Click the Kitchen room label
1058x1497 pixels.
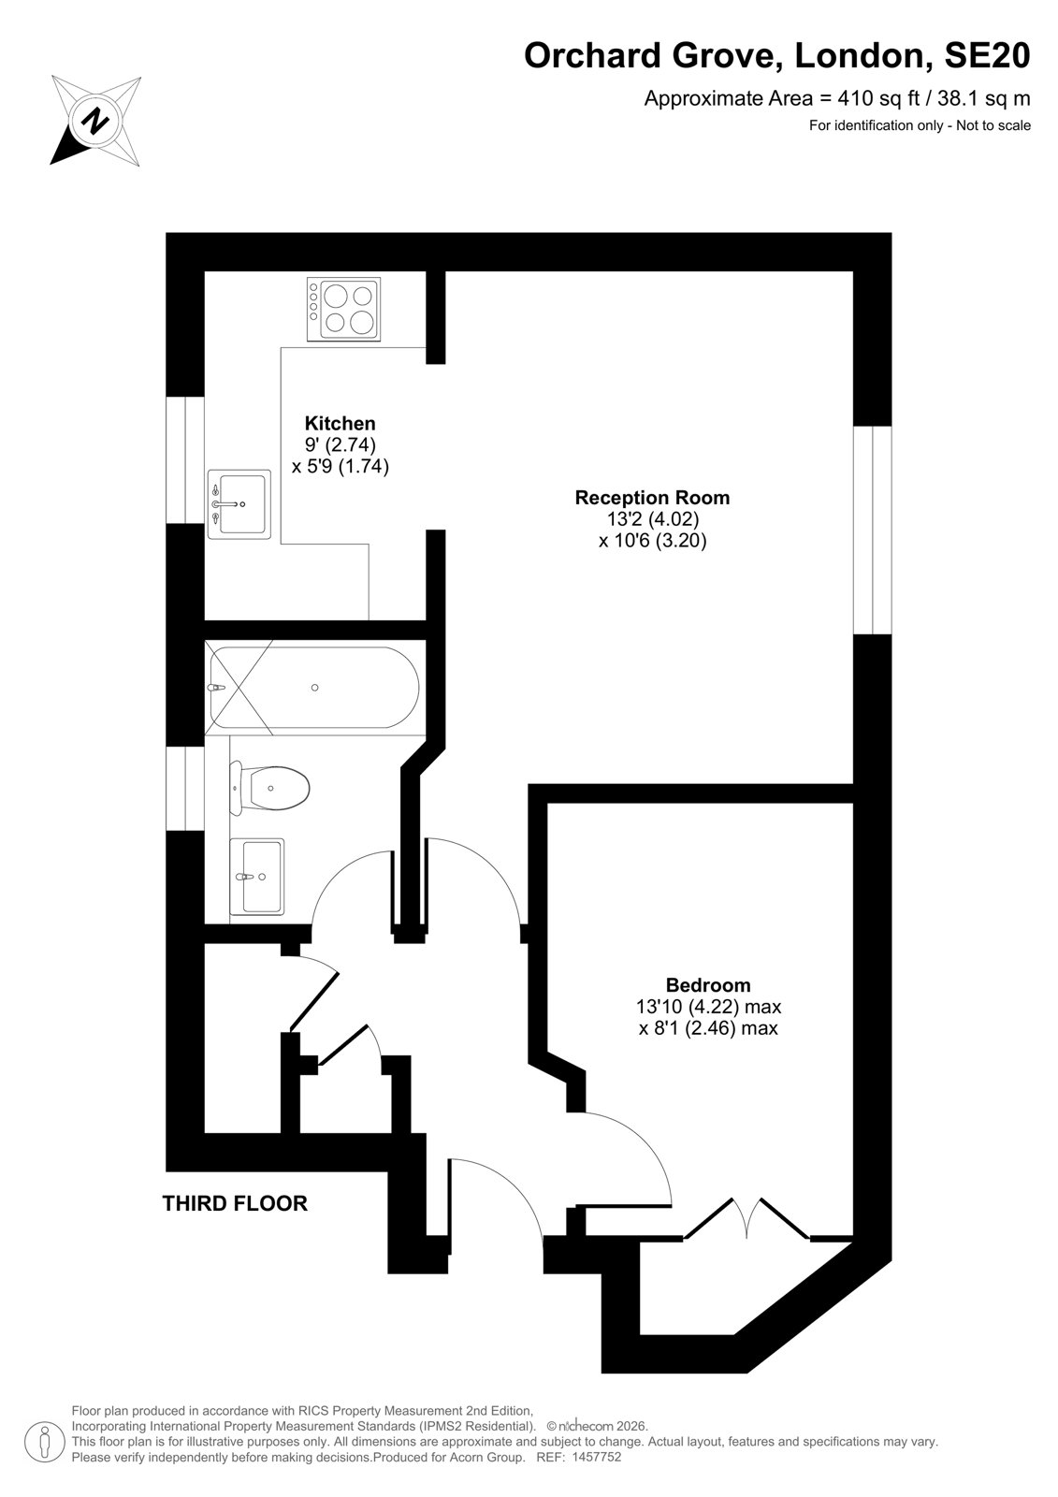coord(340,423)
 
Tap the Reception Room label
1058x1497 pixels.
coord(652,498)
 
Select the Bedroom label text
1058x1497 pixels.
coord(708,985)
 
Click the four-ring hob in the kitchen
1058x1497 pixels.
coord(343,308)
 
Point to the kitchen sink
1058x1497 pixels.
coord(239,504)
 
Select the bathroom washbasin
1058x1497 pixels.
coord(256,876)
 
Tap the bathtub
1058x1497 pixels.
coord(314,687)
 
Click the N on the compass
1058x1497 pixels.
coord(96,121)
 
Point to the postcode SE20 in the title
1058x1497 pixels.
coord(987,55)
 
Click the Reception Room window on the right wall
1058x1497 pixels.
coord(872,530)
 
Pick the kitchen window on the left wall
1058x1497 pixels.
coord(185,459)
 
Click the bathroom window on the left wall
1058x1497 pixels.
coord(185,788)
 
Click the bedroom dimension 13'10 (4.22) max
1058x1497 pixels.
coord(708,1007)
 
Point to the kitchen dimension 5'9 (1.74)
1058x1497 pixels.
coord(347,466)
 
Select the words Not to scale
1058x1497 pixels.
coord(993,125)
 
